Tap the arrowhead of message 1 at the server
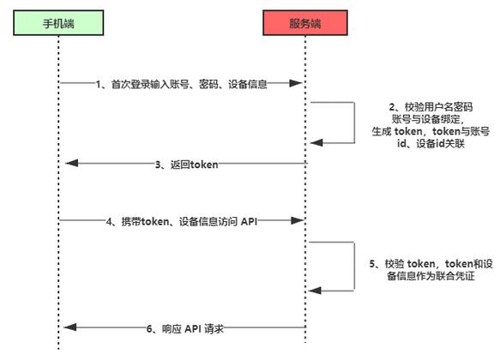(300, 83)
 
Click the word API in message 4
(246, 221)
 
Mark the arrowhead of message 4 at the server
(300, 221)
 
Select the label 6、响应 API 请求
(185, 328)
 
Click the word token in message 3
(204, 163)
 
